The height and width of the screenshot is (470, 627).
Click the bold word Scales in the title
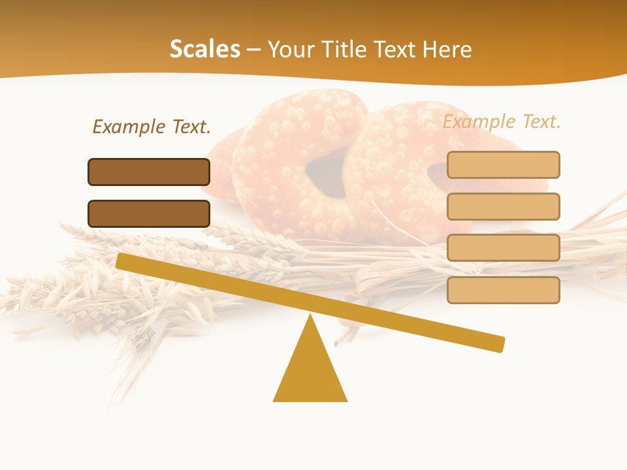[204, 49]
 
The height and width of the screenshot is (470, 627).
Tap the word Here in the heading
[447, 49]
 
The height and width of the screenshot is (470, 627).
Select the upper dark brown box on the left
[149, 172]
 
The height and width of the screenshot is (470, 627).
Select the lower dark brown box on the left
[149, 213]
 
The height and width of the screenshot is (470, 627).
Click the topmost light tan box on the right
[503, 164]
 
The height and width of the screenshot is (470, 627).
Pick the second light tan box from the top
[503, 206]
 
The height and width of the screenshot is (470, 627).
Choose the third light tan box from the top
[503, 247]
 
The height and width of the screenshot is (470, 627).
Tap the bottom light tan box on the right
[503, 290]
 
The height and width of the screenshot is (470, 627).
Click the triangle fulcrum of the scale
[310, 372]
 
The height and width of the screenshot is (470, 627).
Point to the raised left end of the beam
[124, 261]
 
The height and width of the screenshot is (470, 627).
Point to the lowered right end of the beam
[496, 343]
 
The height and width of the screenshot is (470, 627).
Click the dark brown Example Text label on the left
[152, 127]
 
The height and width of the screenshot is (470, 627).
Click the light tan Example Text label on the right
[502, 121]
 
